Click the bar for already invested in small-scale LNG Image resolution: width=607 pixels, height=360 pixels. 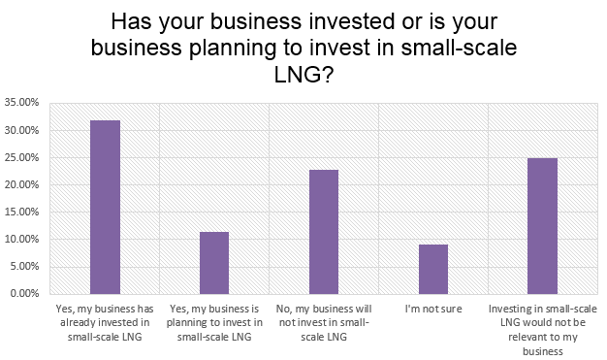point(105,207)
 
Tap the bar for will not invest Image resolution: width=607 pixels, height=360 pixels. point(324,231)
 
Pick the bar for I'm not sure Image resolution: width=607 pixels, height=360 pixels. point(433,269)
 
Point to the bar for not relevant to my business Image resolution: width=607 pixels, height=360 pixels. point(542,225)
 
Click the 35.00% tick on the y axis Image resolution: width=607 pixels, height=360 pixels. point(21,102)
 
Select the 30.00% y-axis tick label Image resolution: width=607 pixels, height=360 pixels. point(21,130)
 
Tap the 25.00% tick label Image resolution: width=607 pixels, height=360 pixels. point(21,157)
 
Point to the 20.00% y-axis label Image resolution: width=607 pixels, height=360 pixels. point(21,184)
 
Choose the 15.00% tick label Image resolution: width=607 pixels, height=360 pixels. point(21,212)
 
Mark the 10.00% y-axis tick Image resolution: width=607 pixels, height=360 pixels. point(21,239)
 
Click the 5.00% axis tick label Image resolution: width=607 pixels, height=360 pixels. point(23,266)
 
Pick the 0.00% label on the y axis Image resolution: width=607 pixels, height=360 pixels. point(23,293)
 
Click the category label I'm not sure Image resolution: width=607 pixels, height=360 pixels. point(433,309)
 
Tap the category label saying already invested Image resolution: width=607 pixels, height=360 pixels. point(105,322)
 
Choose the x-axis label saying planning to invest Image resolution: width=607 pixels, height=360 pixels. point(214,322)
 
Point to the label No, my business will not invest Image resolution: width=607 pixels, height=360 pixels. point(324,322)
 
